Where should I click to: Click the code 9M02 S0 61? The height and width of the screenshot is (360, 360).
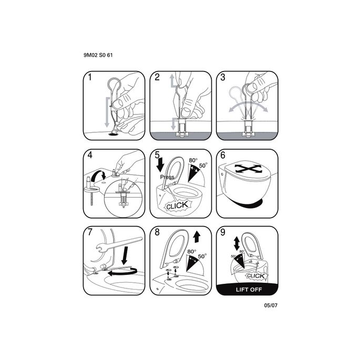(x=98, y=55)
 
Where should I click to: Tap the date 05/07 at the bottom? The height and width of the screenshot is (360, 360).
(x=271, y=305)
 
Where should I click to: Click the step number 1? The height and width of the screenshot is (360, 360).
(x=90, y=77)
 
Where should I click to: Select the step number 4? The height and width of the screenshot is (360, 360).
(x=90, y=155)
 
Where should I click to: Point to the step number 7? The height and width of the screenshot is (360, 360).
(x=90, y=232)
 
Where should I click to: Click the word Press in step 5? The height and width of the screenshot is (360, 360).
(x=167, y=177)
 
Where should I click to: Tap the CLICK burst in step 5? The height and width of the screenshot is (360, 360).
(x=177, y=205)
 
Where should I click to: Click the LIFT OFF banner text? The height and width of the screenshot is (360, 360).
(x=249, y=290)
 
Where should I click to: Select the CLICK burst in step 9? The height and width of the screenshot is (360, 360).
(x=256, y=275)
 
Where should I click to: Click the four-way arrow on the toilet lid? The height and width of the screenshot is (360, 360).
(x=248, y=169)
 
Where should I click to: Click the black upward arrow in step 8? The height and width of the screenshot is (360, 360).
(x=197, y=236)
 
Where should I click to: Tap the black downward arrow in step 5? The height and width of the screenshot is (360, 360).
(x=160, y=164)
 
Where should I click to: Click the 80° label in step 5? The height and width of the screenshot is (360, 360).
(x=193, y=160)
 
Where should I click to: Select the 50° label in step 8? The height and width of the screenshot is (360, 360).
(x=202, y=256)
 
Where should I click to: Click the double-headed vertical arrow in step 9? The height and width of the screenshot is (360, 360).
(x=236, y=244)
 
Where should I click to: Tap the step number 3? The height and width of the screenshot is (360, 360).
(x=223, y=77)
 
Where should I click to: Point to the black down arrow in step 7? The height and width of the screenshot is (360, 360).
(x=125, y=255)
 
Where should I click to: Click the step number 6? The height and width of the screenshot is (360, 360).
(x=223, y=155)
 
